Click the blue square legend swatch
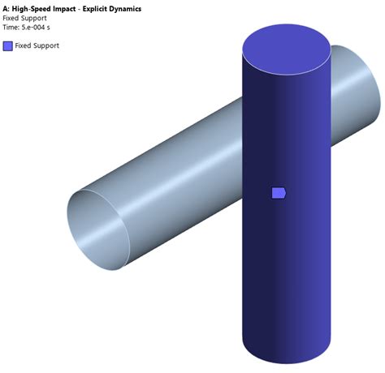coord(8,45)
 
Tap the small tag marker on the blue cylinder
coord(279,192)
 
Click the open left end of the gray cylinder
coord(97,230)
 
